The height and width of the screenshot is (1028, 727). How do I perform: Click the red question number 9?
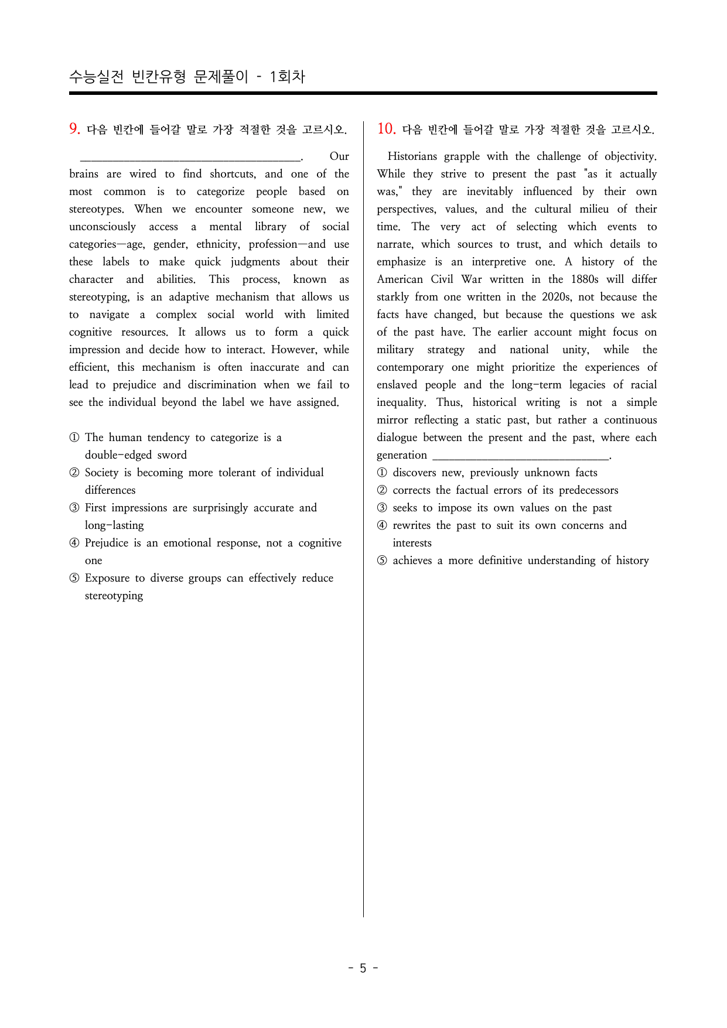(74, 129)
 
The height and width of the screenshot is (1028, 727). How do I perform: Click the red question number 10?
(386, 129)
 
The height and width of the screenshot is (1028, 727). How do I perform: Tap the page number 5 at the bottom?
(363, 968)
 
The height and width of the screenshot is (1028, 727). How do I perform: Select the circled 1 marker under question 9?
(74, 438)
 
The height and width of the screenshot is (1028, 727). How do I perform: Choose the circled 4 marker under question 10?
(382, 525)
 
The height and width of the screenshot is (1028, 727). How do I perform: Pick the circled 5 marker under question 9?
(74, 578)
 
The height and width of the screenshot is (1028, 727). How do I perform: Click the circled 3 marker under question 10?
(382, 508)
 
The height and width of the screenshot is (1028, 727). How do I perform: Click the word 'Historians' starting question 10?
(412, 156)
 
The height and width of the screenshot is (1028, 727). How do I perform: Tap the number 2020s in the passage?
(554, 297)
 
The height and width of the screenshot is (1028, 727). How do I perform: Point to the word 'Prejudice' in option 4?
(107, 543)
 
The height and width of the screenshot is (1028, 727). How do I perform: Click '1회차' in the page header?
(287, 77)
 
